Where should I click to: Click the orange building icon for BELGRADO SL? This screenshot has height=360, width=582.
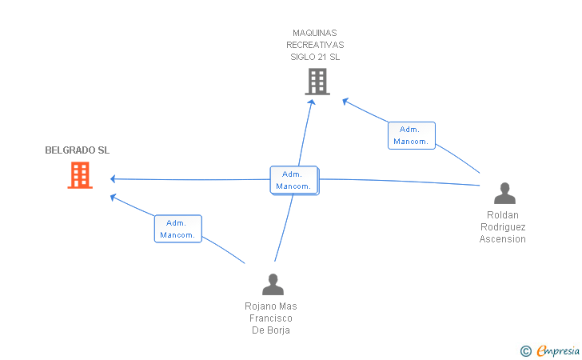(x=80, y=175)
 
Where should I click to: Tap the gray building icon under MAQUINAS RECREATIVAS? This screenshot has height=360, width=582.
(x=317, y=82)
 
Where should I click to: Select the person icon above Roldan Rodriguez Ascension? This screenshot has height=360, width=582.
(x=504, y=193)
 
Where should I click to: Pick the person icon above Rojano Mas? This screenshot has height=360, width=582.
(x=273, y=285)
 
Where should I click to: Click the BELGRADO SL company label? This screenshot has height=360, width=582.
(x=78, y=150)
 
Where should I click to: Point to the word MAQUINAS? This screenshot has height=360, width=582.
(x=315, y=33)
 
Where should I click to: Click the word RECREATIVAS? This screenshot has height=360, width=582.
(x=315, y=45)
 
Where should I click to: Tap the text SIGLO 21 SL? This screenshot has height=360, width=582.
(x=315, y=57)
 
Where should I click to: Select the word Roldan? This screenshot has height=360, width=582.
(x=503, y=214)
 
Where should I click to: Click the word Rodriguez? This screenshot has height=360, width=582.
(x=503, y=227)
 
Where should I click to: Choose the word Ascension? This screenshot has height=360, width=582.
(x=503, y=239)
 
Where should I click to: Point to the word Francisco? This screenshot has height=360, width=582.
(x=271, y=318)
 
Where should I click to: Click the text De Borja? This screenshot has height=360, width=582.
(x=271, y=330)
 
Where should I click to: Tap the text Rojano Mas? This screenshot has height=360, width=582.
(x=271, y=306)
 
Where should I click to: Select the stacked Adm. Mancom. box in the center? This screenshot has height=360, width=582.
(x=294, y=180)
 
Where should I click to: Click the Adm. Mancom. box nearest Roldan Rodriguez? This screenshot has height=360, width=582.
(x=411, y=136)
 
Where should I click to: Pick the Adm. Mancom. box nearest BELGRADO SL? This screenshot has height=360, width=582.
(x=177, y=229)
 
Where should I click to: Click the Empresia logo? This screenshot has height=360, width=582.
(x=558, y=350)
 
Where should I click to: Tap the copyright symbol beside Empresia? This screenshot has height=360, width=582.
(x=526, y=351)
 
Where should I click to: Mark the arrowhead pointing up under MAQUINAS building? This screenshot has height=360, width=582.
(x=312, y=102)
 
